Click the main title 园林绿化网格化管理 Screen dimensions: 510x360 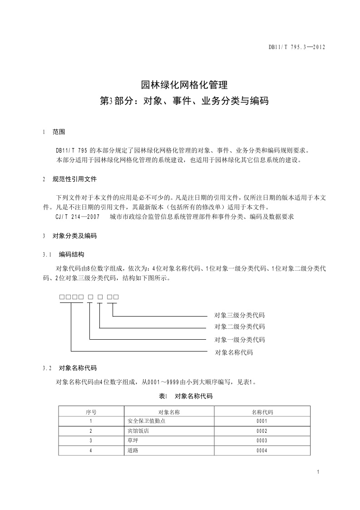tap(180, 85)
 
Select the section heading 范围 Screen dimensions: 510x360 tap(59, 132)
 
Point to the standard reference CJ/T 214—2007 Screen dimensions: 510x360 tap(78, 217)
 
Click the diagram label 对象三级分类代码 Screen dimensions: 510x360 tap(239, 315)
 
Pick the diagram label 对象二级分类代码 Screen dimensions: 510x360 tap(239, 327)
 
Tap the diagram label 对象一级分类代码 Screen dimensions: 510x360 tap(239, 339)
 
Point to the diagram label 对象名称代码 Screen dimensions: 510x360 tap(233, 352)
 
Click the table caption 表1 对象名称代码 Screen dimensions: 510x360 tap(186, 396)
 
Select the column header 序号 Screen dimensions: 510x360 tap(91, 412)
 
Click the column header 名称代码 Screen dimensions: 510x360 tap(262, 412)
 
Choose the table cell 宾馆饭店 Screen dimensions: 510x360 tap(138, 431)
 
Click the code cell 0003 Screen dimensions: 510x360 tap(262, 441)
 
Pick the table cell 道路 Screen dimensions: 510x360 tap(133, 451)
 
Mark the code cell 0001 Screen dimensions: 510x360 tap(262, 421)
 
